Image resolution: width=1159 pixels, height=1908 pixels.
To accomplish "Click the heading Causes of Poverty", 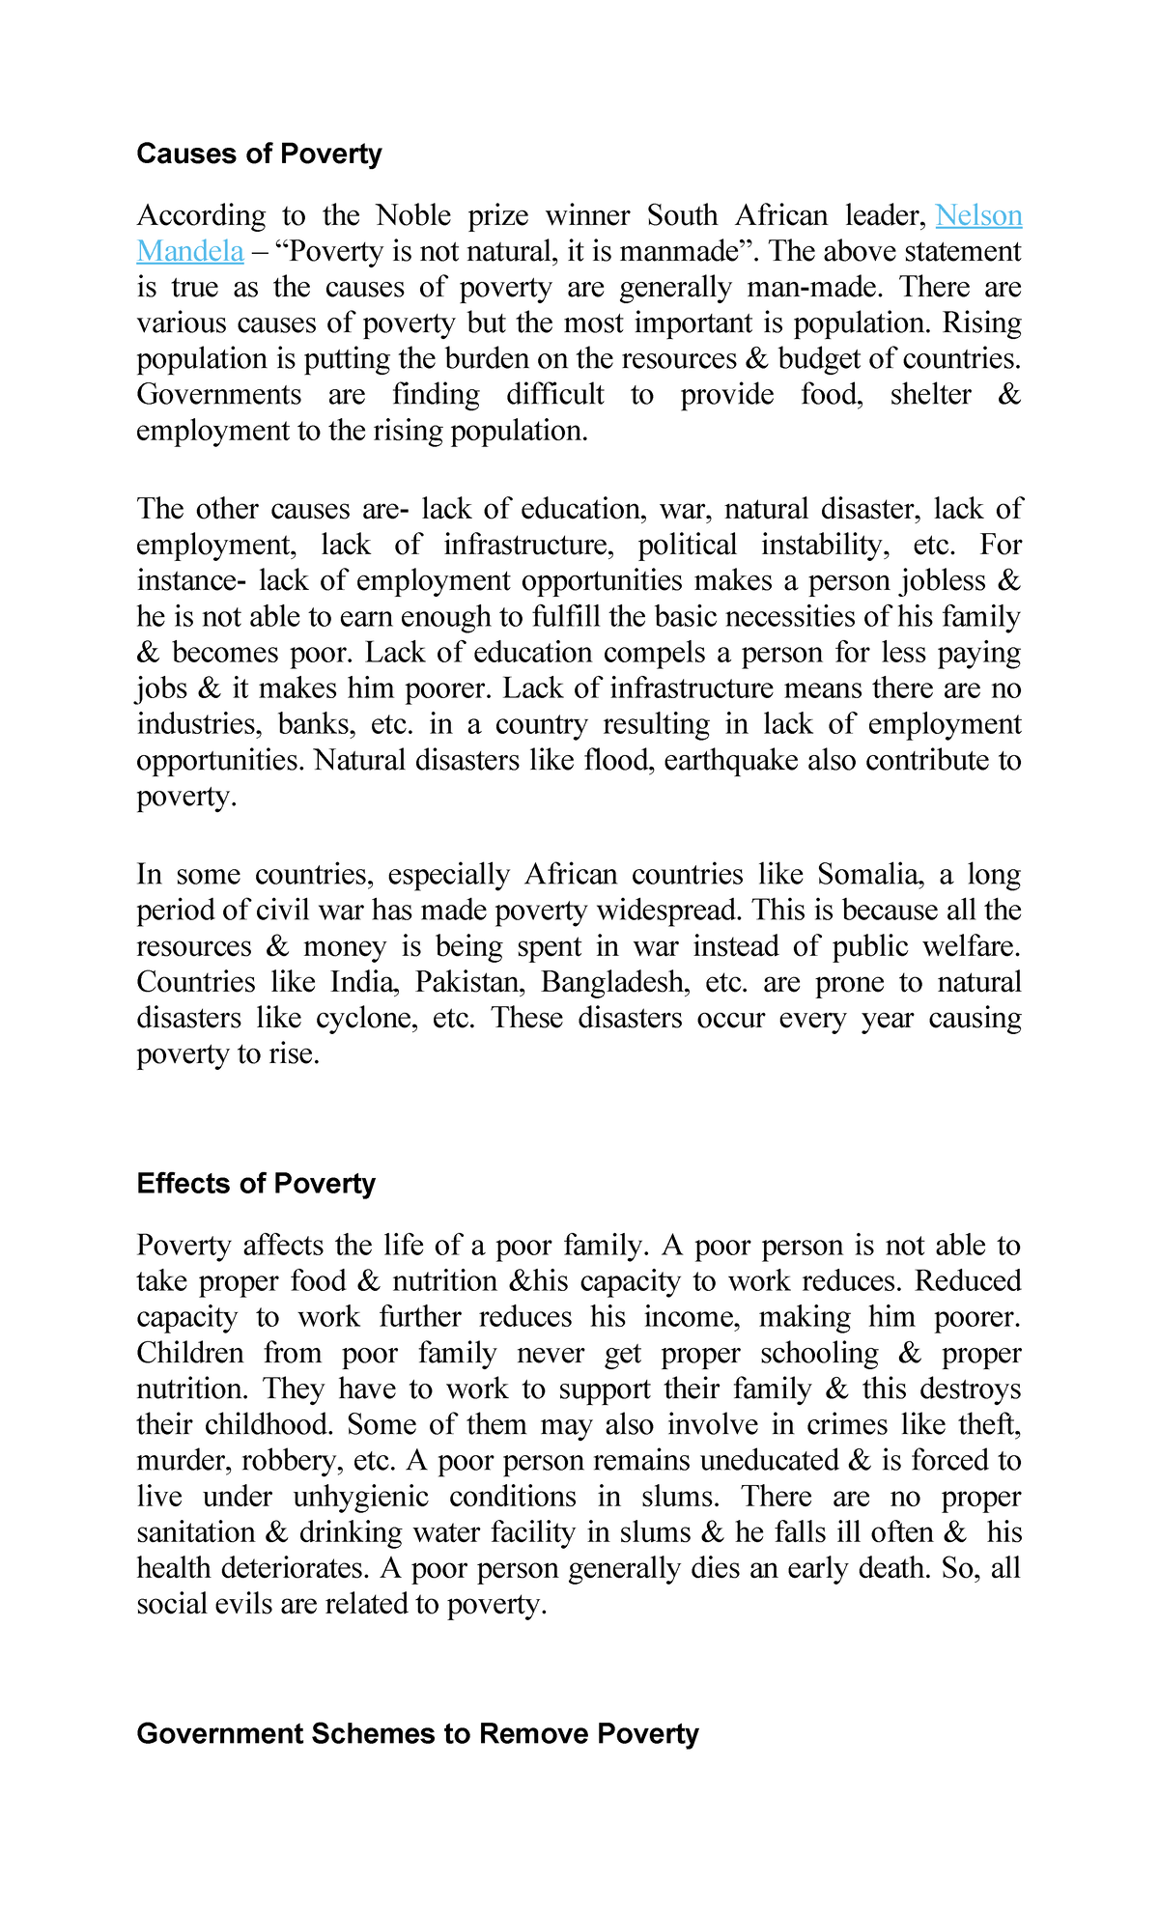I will (259, 154).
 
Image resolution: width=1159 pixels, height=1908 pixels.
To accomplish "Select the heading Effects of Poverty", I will (256, 1184).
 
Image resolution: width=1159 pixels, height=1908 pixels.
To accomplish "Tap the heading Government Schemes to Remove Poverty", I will (417, 1733).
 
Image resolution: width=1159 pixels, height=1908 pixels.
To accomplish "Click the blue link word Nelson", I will (978, 214).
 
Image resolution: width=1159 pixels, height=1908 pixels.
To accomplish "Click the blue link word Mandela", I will (190, 251).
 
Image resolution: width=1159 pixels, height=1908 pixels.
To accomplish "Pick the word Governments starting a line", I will (218, 395).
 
